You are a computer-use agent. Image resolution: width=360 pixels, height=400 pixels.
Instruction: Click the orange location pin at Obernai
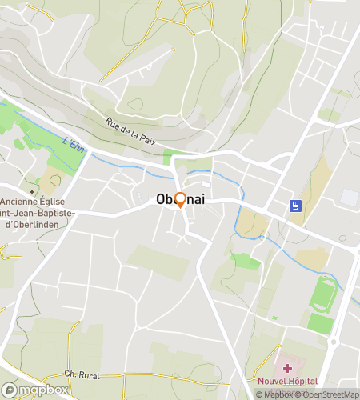tap(180, 200)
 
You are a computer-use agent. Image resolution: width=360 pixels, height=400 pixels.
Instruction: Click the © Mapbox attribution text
tap(274, 394)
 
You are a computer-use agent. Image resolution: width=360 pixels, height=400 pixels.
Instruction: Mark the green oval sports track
tap(323, 293)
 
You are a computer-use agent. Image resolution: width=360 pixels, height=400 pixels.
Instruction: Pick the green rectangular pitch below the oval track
tap(320, 323)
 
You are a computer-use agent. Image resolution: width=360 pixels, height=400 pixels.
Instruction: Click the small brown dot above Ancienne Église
tap(32, 192)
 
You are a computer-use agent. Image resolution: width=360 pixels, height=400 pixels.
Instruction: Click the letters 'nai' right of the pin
tap(194, 200)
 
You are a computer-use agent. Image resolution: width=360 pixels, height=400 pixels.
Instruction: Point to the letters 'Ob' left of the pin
tap(164, 200)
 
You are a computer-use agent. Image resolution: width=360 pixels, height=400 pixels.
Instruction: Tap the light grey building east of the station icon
tap(350, 197)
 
